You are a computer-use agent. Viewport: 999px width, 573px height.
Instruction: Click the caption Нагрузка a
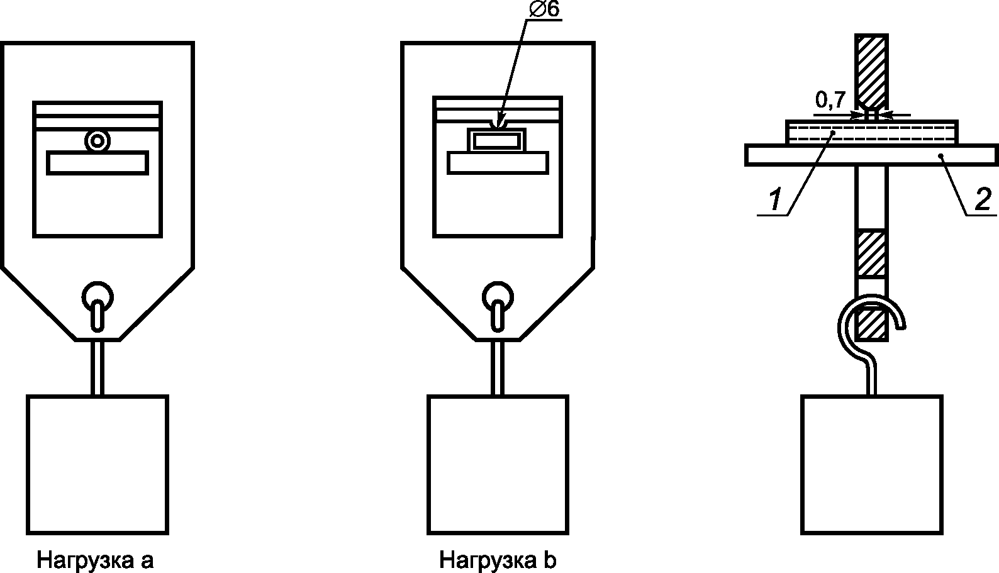(x=95, y=560)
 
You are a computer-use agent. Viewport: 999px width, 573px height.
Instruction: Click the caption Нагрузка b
(x=497, y=560)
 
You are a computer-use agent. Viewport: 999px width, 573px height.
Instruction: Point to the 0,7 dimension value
(x=831, y=99)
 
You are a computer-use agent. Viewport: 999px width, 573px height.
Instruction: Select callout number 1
(x=776, y=200)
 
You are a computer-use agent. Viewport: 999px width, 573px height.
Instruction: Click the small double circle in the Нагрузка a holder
(x=98, y=141)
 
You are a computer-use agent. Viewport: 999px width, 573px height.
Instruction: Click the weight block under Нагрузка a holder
(x=98, y=464)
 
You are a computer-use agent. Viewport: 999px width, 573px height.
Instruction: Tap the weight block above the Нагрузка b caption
(x=498, y=464)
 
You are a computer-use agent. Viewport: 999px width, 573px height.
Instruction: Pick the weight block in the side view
(x=872, y=464)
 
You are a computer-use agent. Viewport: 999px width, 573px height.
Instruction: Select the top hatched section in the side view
(x=871, y=69)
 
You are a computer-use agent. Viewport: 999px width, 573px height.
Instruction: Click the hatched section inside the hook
(x=871, y=325)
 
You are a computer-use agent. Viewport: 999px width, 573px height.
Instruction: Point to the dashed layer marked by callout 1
(x=872, y=132)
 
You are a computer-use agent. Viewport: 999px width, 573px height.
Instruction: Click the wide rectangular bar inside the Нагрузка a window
(x=98, y=162)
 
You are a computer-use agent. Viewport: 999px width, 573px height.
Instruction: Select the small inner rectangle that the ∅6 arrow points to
(x=497, y=140)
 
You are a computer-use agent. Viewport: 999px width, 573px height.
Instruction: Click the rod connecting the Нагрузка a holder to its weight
(x=98, y=367)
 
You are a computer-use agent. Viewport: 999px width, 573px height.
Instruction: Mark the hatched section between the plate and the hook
(x=871, y=254)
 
